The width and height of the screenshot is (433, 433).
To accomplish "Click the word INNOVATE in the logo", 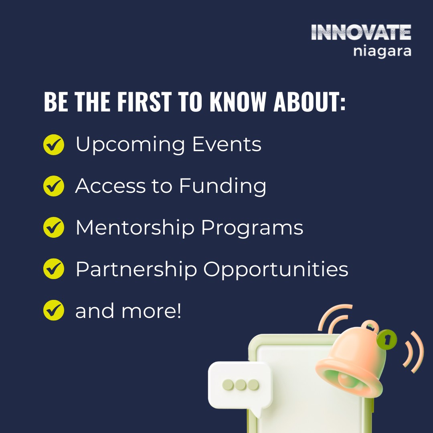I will [x=361, y=32].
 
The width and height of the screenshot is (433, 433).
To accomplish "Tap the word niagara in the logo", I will [x=382, y=52].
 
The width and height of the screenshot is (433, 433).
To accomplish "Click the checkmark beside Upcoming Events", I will [x=53, y=145].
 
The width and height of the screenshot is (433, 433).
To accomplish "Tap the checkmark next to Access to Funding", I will [x=53, y=186].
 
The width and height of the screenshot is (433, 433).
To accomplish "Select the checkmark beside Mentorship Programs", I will [x=53, y=227].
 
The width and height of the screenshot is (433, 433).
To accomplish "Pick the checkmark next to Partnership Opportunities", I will [x=53, y=269].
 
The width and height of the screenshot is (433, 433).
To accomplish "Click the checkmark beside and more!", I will [x=53, y=311].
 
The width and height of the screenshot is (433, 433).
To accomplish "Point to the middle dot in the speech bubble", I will [x=240, y=385].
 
